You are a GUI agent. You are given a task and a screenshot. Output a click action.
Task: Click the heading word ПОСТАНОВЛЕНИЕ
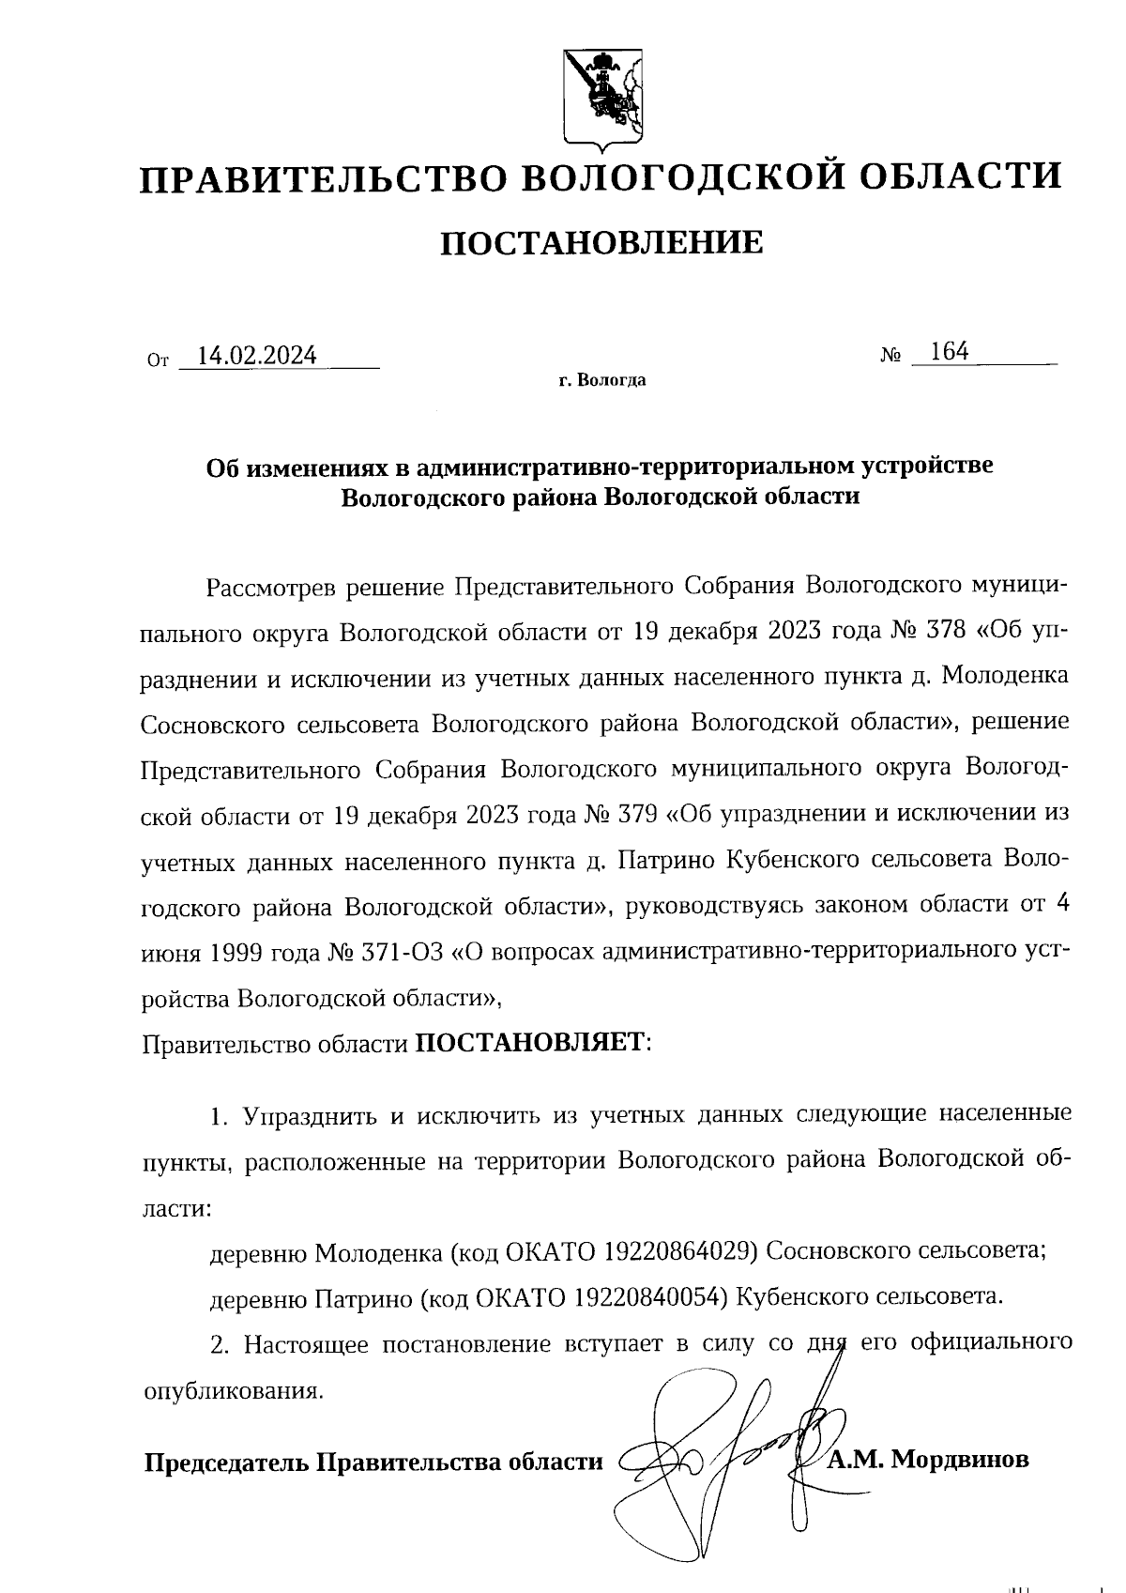601,243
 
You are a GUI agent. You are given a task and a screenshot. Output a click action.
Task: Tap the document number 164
949,352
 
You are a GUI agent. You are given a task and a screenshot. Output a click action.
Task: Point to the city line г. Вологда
601,381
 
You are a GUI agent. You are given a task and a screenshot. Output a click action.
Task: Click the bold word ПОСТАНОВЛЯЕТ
530,1042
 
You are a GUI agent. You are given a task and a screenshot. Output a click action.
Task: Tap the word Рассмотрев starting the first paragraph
270,588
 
